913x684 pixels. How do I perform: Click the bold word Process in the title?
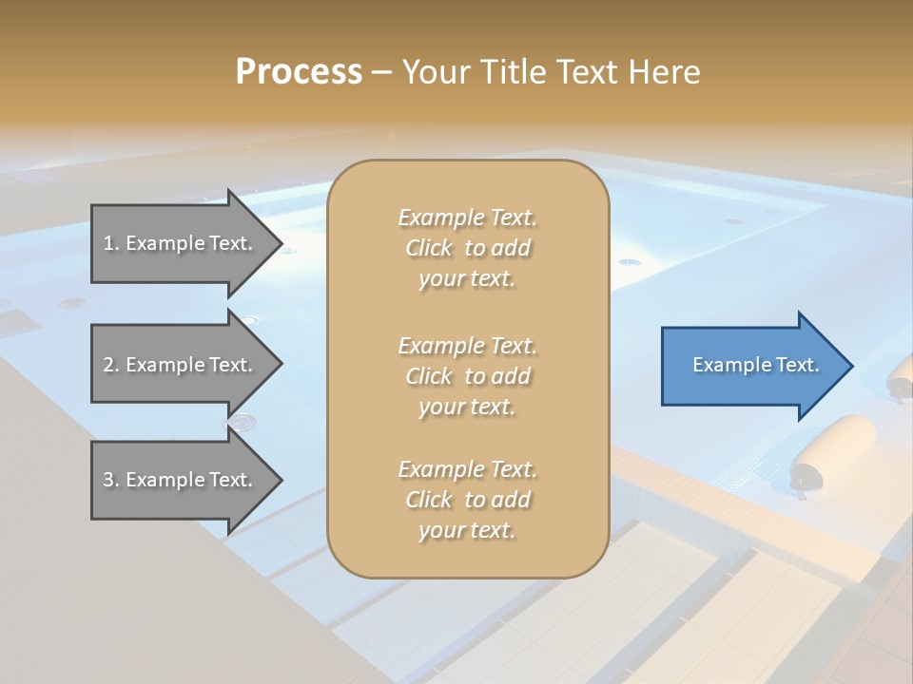299,72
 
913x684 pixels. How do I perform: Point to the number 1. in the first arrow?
111,243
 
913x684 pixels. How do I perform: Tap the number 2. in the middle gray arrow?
111,365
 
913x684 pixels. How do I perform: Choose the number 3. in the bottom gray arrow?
111,480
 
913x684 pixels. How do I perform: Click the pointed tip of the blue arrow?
848,366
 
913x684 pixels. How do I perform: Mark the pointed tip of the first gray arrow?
278,243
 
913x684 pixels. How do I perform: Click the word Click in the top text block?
429,249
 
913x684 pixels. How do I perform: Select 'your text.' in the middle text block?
467,407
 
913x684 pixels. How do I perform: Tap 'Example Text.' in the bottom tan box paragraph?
467,469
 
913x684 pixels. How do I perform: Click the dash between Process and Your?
382,72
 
